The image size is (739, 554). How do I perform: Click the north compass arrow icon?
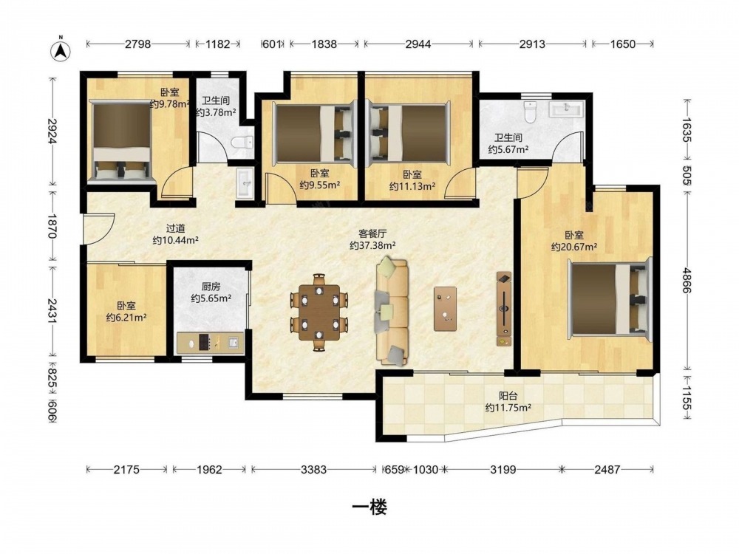coord(61,49)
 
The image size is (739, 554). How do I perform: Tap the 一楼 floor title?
coord(369,507)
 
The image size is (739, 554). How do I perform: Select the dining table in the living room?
coord(319,312)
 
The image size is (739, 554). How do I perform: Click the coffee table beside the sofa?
coord(446,309)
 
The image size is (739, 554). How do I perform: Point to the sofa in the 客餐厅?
coord(392,311)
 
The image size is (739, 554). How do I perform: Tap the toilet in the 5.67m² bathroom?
coord(531,112)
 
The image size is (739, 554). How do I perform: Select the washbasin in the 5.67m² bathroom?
coord(566,109)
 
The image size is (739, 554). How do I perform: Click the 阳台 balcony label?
coord(508,396)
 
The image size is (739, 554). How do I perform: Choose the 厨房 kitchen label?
coord(211,287)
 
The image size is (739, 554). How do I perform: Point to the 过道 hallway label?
coord(175,228)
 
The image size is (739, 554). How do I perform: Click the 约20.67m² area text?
coord(574,247)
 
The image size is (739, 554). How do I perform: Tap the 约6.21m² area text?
coord(126,318)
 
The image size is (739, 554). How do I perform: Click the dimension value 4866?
coord(687,281)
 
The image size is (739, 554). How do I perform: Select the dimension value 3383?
coord(314,469)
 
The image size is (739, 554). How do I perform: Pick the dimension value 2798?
coord(137,44)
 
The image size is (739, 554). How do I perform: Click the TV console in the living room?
coord(504,309)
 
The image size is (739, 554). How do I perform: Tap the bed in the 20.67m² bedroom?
coord(610,298)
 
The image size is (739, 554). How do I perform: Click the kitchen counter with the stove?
coord(210,343)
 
